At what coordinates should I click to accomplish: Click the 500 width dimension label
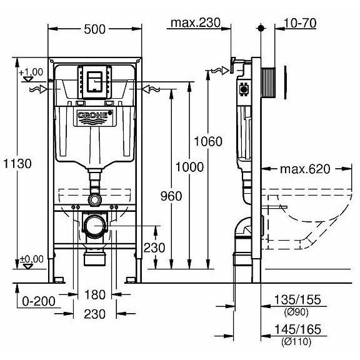click(x=94, y=29)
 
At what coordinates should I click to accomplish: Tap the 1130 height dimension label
click(x=17, y=164)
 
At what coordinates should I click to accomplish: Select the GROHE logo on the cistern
click(x=95, y=115)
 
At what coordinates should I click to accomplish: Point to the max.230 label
click(x=196, y=22)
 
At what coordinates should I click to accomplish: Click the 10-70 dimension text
click(x=300, y=23)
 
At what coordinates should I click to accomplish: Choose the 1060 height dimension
click(x=208, y=141)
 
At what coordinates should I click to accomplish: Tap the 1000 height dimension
click(x=189, y=167)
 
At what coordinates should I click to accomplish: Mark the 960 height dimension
click(x=171, y=196)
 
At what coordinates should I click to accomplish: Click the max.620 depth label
click(x=305, y=169)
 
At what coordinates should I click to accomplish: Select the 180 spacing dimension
click(x=95, y=294)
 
